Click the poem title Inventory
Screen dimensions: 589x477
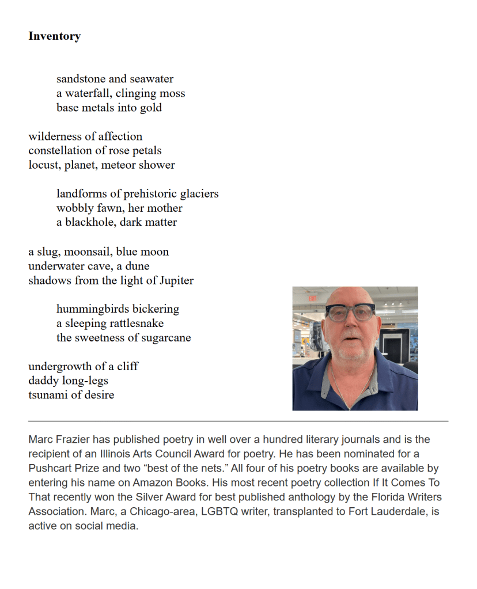(x=54, y=36)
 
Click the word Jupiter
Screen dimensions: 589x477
(x=174, y=281)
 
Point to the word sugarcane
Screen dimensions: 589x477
(x=167, y=338)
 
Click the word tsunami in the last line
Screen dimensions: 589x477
(x=48, y=395)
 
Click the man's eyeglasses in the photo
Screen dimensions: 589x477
(x=350, y=313)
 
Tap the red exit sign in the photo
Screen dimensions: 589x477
(x=313, y=299)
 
